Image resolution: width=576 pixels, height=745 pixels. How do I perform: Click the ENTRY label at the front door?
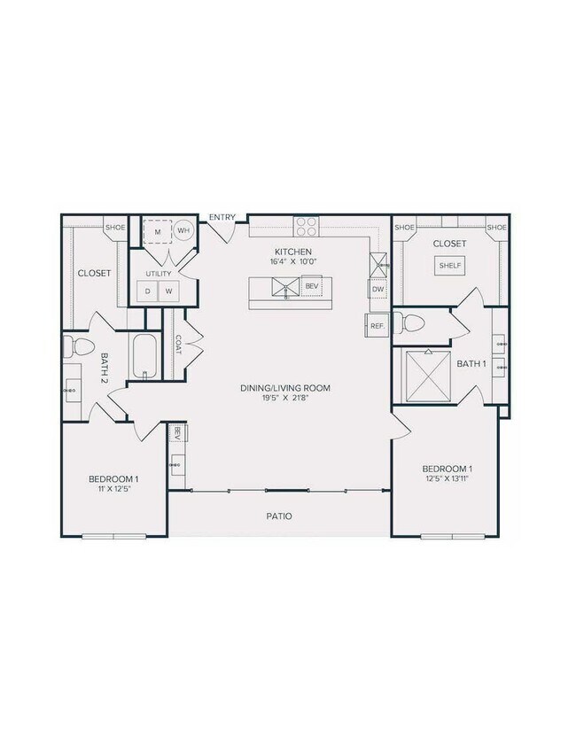coord(222,217)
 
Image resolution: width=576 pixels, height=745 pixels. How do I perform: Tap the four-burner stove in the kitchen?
coord(306,227)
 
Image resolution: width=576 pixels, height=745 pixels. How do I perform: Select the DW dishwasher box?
coord(378,290)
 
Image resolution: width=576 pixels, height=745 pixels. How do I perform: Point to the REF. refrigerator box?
coord(377,326)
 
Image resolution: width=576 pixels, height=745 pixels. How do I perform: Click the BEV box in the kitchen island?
coord(311,286)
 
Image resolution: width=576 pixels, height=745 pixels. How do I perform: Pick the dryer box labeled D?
coord(147,291)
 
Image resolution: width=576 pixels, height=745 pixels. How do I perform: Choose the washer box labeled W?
coord(167,291)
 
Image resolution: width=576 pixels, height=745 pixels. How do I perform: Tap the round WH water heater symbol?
coord(183,230)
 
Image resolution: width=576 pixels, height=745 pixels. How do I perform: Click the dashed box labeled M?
coord(158,230)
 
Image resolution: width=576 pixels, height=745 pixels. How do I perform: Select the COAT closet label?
coord(179,343)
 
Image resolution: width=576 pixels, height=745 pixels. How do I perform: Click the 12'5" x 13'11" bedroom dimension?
coord(447,479)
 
